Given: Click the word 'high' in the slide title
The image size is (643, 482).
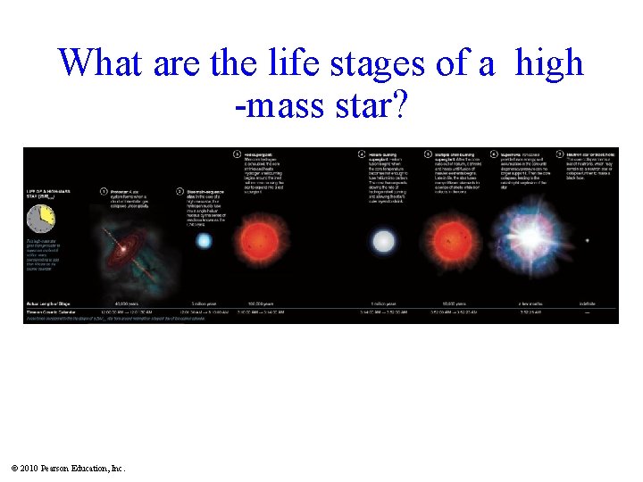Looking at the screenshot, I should (x=549, y=63).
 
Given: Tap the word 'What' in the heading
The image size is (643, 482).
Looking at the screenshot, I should (x=101, y=63).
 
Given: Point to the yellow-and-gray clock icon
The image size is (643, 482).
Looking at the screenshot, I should (x=41, y=217).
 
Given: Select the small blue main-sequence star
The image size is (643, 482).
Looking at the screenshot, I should (x=205, y=240).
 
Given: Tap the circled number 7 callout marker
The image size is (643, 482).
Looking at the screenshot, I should (x=560, y=153).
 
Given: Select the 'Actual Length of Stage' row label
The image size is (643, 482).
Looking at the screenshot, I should (x=51, y=303).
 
